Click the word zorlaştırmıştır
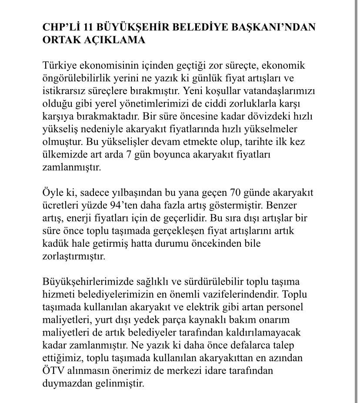coord(74,256)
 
